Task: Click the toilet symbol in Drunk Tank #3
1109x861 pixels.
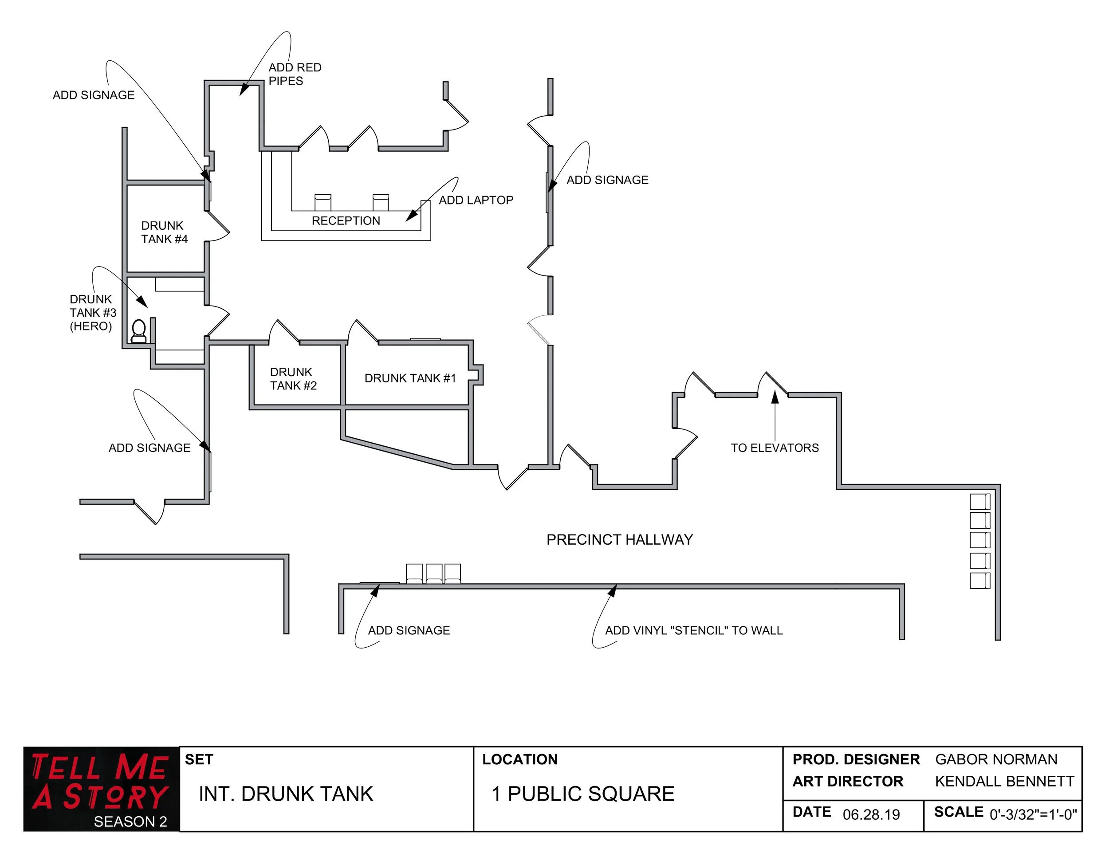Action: tap(138, 331)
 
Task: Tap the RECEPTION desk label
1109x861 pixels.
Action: tap(346, 221)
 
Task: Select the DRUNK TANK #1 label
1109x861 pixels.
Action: tap(410, 378)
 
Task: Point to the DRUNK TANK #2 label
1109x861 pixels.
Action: tap(293, 379)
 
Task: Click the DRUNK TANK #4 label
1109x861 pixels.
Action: tap(164, 232)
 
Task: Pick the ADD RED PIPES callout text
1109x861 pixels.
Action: tap(295, 74)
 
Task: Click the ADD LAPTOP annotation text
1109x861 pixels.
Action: tap(476, 200)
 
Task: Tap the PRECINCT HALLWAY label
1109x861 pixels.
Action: tap(620, 540)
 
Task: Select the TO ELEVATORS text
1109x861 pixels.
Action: tap(775, 448)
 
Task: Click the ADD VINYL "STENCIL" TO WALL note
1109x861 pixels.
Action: tap(694, 630)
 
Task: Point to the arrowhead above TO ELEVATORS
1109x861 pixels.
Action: tap(775, 397)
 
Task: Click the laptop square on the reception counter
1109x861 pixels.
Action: tap(425, 206)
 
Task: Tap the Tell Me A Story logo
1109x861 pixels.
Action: tap(101, 788)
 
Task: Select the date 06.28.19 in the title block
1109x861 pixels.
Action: tap(871, 815)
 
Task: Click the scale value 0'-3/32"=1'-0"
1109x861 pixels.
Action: tap(1033, 815)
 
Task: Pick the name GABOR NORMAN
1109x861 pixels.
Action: tap(996, 759)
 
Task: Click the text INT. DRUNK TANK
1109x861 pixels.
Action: tap(286, 794)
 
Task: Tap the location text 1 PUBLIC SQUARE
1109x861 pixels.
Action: tap(583, 794)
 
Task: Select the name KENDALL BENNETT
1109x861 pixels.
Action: tap(1004, 781)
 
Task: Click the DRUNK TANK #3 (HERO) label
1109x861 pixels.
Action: tap(92, 313)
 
